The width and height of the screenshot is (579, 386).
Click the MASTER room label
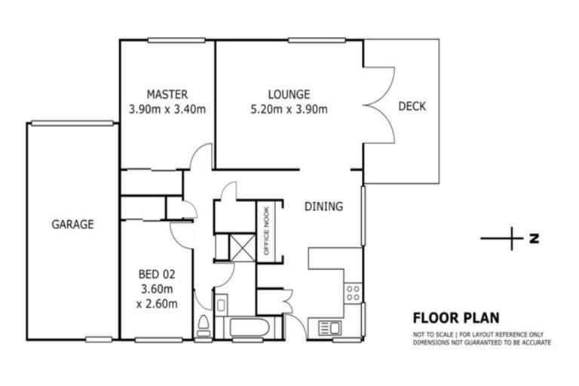(167, 95)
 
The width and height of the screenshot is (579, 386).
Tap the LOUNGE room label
(289, 95)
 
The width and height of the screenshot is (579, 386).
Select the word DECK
(412, 106)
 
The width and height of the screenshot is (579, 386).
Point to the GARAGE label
(72, 224)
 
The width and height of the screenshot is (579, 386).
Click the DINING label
(324, 206)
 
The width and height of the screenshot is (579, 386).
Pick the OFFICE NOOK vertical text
(266, 230)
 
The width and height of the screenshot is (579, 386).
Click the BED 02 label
(157, 274)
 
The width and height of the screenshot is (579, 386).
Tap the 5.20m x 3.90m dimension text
(289, 109)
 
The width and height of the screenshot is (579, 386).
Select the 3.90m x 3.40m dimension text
(167, 109)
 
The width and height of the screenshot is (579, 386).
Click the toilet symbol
(202, 326)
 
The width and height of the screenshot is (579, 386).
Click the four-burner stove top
(353, 293)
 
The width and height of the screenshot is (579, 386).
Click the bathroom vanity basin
(221, 305)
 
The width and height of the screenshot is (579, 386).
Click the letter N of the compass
(534, 239)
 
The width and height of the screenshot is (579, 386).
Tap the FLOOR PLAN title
(455, 318)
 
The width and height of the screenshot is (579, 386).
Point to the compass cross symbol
(512, 238)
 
